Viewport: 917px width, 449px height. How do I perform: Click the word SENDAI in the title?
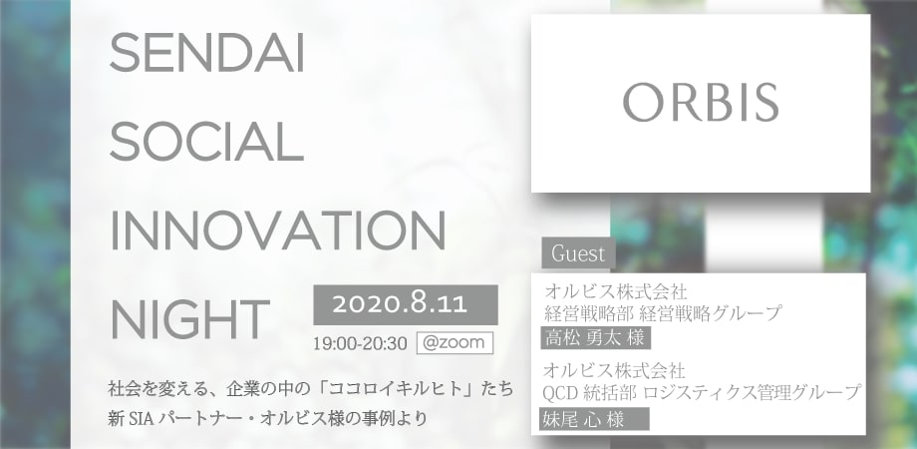(207, 53)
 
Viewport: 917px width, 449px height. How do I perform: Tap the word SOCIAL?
(206, 142)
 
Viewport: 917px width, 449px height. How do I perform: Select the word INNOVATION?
(278, 230)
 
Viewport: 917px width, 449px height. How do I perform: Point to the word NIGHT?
(189, 319)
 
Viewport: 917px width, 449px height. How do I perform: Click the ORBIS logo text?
(701, 103)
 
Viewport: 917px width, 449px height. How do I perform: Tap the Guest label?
(578, 253)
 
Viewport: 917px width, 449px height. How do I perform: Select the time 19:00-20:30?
(360, 343)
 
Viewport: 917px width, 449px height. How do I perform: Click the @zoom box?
(455, 343)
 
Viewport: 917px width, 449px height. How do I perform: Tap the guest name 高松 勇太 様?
(595, 338)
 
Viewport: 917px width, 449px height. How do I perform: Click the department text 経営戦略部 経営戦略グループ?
(663, 313)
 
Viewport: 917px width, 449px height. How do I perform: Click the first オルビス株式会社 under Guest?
(615, 291)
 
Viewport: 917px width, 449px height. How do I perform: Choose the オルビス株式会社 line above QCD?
(614, 370)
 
